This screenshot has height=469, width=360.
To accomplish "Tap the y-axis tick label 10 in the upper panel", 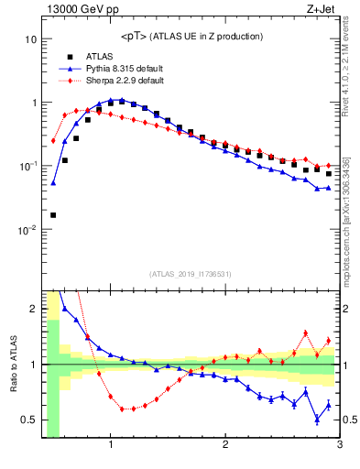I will point(30,39).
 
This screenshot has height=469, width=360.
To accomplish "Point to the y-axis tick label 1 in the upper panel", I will point(33,103).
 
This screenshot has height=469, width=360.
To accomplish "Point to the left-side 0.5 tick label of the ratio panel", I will point(29,420).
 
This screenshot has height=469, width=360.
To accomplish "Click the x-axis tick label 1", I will point(111,445).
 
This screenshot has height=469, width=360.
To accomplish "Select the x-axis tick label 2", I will point(225,445).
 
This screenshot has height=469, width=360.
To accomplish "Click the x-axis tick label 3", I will point(339,445).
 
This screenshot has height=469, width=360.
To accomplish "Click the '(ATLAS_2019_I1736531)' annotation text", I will point(191,274).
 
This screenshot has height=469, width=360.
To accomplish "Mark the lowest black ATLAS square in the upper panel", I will point(53,215).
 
